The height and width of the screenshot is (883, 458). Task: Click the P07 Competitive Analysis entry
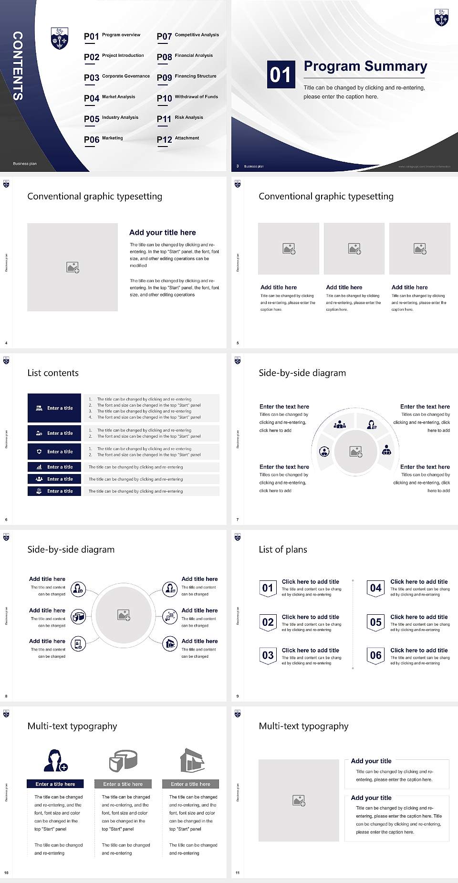188,36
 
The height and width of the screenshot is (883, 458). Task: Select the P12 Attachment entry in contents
178,139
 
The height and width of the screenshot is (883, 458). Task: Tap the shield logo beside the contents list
60,38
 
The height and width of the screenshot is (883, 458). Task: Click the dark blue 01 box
280,74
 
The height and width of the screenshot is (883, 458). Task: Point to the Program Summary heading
365,66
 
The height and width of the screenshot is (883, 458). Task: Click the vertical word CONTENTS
18,66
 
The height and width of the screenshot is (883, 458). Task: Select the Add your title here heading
162,232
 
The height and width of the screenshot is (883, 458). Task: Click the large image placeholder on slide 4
73,267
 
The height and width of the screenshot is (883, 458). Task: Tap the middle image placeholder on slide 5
354,249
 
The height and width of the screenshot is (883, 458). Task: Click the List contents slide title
53,373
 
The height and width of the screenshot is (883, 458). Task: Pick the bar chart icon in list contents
39,467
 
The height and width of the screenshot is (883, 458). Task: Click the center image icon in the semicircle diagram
356,452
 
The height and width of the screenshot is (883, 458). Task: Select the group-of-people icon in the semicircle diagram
340,424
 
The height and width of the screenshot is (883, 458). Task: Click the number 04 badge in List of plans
375,588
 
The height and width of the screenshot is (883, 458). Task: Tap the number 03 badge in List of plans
268,655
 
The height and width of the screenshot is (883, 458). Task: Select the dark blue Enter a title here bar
55,784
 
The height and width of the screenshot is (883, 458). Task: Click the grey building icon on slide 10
192,760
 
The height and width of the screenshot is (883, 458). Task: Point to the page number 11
238,873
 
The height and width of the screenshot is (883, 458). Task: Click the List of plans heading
283,549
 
